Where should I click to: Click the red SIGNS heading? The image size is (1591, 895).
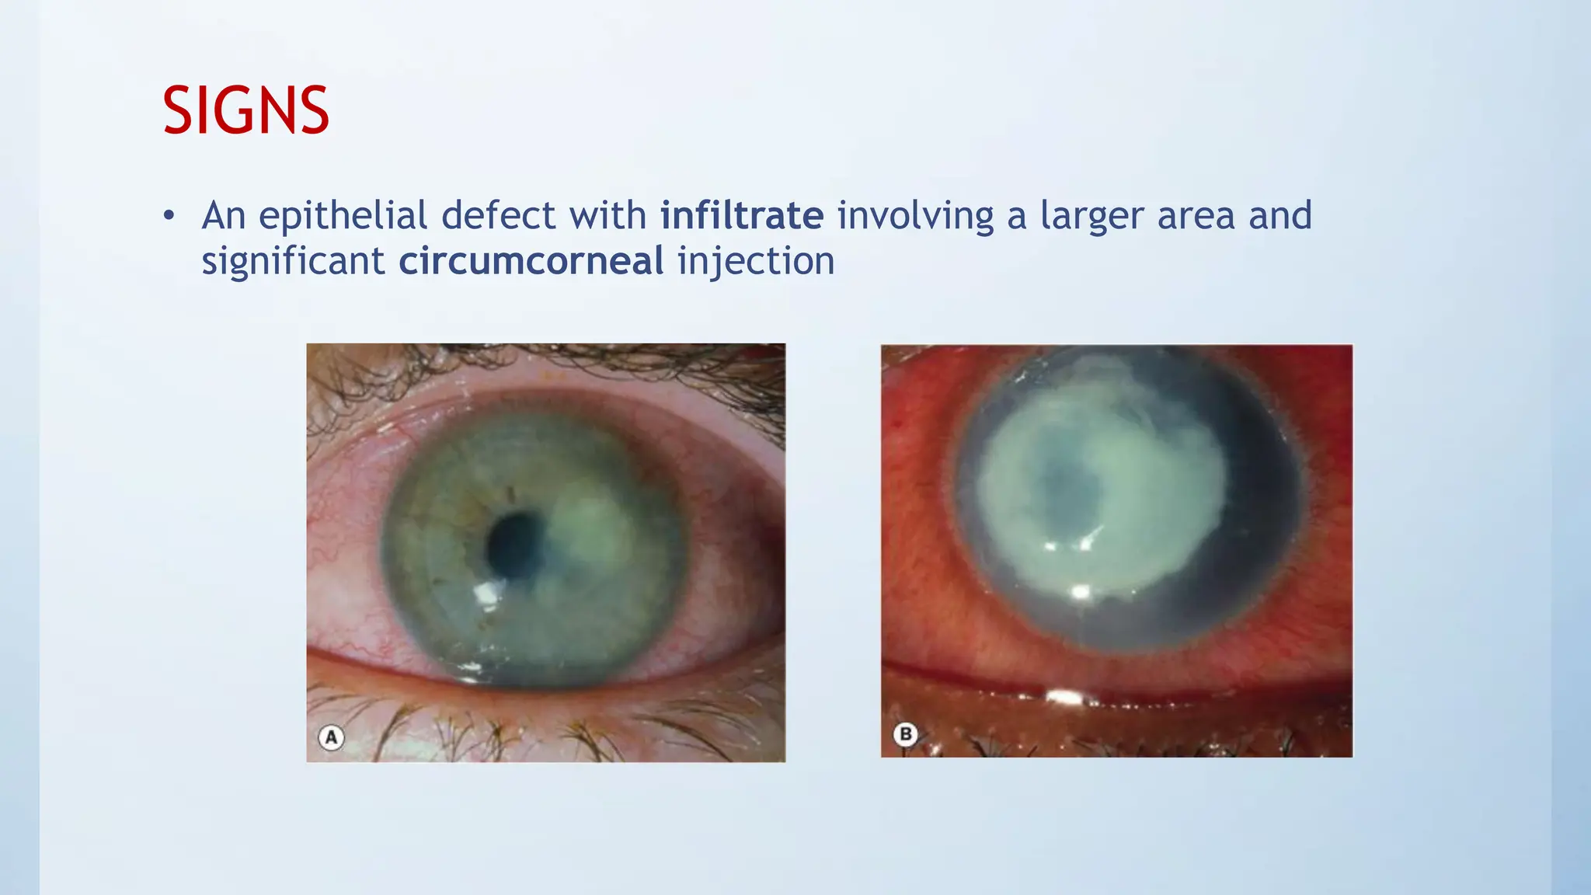click(x=245, y=111)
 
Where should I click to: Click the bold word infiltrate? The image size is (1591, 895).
click(x=742, y=216)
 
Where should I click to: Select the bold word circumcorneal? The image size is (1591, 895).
click(x=531, y=261)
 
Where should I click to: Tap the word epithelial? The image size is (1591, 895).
click(x=343, y=216)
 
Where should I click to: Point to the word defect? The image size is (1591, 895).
click(x=498, y=216)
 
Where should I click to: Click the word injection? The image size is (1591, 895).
click(x=756, y=261)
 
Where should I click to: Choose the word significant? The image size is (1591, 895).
click(x=293, y=261)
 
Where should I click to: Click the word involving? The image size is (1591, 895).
click(x=915, y=216)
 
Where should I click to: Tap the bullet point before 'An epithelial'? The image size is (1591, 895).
click(x=169, y=216)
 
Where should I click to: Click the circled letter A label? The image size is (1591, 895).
click(x=332, y=737)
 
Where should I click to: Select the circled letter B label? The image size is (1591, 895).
click(x=905, y=734)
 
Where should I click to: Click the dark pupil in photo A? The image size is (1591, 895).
click(x=514, y=545)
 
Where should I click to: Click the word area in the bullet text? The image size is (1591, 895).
click(x=1196, y=216)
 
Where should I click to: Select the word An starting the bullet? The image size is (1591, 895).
click(x=224, y=216)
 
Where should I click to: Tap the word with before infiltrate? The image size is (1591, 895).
click(x=608, y=216)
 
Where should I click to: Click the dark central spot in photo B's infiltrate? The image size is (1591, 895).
click(x=1072, y=488)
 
